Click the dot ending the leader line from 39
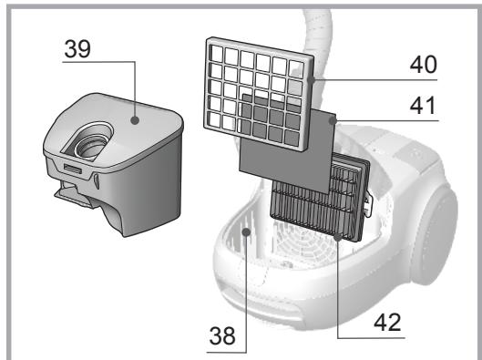tap(135, 118)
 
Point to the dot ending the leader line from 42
tap(339, 236)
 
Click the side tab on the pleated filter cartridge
tap(368, 206)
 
